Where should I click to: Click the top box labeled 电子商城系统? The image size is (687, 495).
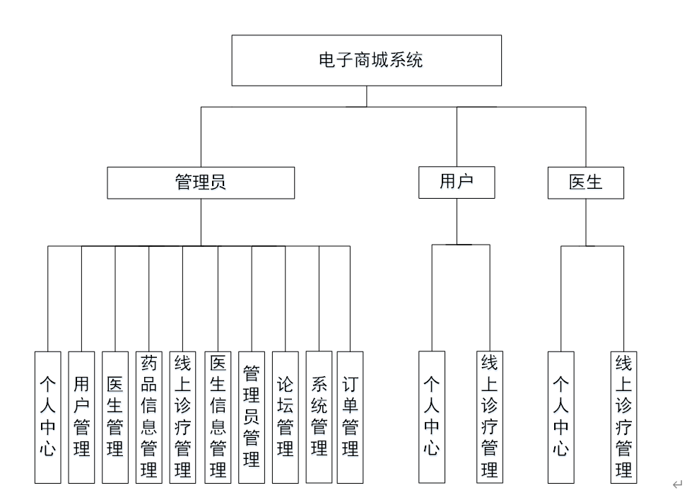coord(366,60)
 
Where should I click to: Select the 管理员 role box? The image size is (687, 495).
coord(201,182)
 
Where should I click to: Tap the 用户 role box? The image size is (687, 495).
coord(457,182)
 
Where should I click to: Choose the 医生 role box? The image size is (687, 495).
coord(586,182)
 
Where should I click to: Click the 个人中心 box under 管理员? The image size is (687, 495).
coord(47,417)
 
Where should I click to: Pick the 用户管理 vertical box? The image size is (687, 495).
coord(81,417)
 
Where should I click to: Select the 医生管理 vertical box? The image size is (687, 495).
coord(115,417)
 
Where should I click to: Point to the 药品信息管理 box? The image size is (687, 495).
coord(148,417)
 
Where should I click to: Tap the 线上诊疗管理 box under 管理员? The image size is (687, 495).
coord(182,417)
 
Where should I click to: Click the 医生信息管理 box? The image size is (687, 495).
coord(218,417)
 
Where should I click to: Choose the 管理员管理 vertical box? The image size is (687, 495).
coord(252,417)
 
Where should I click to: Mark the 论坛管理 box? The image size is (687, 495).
coord(285,417)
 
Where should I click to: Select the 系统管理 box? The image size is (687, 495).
coord(319,417)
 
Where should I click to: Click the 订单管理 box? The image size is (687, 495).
coord(350,417)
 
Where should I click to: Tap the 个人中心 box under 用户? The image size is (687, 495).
coord(432,417)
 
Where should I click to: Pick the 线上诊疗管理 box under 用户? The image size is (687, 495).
coord(489,417)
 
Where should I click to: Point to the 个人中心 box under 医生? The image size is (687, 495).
coord(560,417)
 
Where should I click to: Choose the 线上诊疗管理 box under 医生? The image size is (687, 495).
coord(623,417)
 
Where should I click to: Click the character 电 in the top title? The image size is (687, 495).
coord(327,60)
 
